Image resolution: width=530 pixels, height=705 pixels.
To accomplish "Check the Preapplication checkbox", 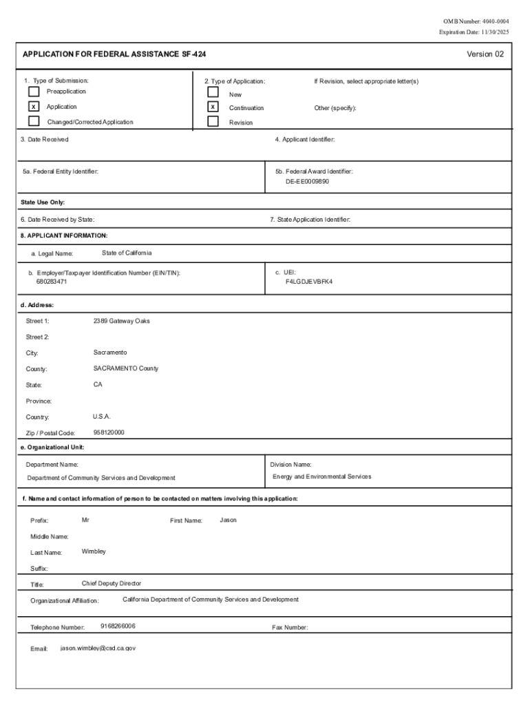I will pos(34,92).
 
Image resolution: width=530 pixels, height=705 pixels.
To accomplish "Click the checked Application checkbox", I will pos(34,107).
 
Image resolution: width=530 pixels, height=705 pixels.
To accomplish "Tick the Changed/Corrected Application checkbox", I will pos(34,122).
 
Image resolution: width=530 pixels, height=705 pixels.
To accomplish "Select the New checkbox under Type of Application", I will pos(213,92).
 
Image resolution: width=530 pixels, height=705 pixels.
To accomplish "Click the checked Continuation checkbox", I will pos(213,107).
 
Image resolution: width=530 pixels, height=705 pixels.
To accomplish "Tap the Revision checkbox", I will pos(213,122).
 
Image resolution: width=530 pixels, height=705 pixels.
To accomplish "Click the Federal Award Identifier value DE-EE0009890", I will pos(308,182).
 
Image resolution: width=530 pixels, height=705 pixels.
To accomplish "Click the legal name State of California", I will pos(127,253).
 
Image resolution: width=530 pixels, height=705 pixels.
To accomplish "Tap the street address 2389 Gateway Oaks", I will pos(121,321).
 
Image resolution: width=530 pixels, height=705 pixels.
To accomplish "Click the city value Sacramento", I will pos(110,352).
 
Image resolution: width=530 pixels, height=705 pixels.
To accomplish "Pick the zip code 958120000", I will pos(109,432).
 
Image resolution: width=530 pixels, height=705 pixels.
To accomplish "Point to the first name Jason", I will pos(228,520).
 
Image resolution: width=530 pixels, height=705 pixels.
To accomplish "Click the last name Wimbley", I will pos(94,551).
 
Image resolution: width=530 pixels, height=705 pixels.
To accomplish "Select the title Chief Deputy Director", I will pos(112,583).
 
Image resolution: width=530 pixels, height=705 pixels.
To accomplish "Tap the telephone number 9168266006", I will pos(118,626).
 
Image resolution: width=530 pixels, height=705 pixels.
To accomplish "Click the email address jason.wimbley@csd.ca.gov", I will pos(98,648).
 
